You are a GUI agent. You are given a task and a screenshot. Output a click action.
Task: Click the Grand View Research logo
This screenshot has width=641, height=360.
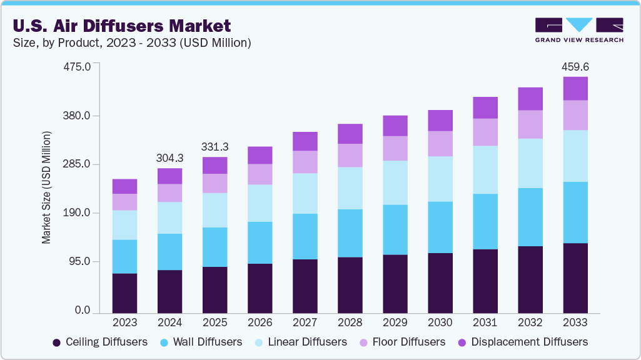coord(578,30)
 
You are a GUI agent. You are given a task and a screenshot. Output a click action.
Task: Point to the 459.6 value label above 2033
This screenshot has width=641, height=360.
coord(575,66)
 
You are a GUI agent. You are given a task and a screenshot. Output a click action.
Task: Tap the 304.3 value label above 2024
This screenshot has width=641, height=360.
coord(169,157)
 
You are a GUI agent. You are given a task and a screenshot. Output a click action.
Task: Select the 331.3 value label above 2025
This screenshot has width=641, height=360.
coord(215,147)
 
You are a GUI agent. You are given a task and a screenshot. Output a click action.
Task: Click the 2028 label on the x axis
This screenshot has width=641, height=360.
coord(350,323)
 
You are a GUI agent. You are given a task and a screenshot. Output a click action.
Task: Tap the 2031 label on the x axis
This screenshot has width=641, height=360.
coord(485,323)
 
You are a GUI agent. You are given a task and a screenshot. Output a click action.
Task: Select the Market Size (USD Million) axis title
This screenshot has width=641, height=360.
coord(46,187)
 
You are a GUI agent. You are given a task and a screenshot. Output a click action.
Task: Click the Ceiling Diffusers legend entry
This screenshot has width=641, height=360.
coord(100,342)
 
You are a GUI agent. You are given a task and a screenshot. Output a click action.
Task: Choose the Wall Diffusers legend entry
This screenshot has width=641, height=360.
coord(201,342)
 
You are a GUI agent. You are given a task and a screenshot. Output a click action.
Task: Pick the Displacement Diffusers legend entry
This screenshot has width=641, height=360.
coord(523,342)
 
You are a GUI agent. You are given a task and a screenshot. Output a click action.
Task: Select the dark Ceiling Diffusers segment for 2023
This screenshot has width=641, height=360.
coord(124,293)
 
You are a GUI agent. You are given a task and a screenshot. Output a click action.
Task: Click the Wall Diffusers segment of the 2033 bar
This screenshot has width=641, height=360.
coord(575,212)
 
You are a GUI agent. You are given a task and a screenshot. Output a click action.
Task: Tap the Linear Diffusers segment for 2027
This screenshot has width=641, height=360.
coord(305,193)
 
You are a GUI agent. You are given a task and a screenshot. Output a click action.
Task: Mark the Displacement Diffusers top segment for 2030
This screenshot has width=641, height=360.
coord(440,121)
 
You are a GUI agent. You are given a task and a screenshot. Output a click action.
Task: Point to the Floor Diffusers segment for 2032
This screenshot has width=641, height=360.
coord(530,124)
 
